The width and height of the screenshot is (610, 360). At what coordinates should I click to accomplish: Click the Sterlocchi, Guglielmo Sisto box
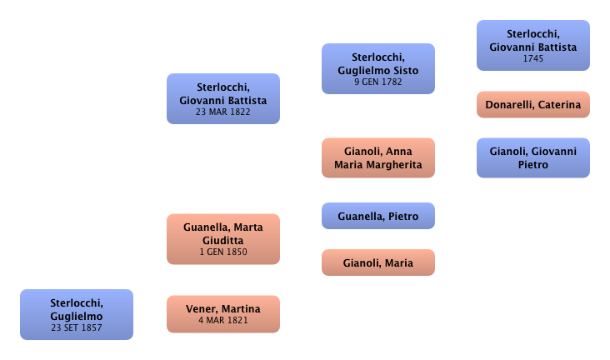379,69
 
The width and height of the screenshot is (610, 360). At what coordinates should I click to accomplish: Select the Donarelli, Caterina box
533,105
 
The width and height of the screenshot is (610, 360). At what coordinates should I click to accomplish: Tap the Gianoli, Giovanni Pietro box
533,158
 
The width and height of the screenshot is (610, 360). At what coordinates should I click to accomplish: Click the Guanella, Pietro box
378,217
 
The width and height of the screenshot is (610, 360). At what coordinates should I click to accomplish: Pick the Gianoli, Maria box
378,263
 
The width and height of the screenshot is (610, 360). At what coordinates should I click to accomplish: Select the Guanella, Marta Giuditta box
222,238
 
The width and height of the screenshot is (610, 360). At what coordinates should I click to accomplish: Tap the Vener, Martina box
222,314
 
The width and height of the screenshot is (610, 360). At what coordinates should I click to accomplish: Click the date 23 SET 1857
76,328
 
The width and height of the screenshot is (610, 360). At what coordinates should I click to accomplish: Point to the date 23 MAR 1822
222,112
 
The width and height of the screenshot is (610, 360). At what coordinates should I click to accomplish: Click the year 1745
533,59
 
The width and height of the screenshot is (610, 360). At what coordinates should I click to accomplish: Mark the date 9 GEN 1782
379,82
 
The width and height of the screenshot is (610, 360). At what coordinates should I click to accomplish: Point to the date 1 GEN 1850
222,252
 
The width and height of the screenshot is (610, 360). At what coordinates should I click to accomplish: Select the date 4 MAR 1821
222,321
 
